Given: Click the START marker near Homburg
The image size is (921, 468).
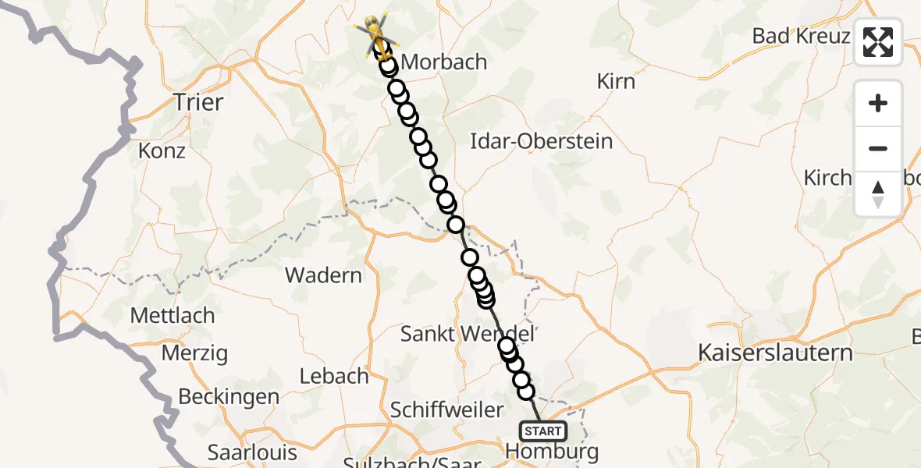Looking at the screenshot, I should point(542,431).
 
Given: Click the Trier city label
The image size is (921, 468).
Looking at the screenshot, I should point(198,102).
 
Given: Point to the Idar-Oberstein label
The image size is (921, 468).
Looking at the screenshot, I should point(542,142).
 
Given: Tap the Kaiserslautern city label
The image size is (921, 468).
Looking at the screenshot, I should point(776,353).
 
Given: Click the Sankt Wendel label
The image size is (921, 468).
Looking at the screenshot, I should point(467,334).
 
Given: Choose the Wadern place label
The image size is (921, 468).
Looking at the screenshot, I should point(323,275).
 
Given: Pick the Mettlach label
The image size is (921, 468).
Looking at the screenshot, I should point(172,316).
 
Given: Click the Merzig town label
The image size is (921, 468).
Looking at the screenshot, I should point(194,353).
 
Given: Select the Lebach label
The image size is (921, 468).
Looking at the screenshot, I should point(334,376).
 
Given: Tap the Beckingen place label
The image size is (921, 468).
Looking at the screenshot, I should point(229,396).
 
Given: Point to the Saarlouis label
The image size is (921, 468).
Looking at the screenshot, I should point(252,452).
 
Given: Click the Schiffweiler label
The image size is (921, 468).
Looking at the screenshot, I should point(447,409).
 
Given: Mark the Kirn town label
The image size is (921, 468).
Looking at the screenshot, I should point(616,81).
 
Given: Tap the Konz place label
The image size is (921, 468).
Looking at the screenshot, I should point(162,150).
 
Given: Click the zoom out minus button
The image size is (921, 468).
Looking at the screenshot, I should point(878,148).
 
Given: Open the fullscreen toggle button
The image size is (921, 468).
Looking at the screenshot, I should point(878,41).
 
